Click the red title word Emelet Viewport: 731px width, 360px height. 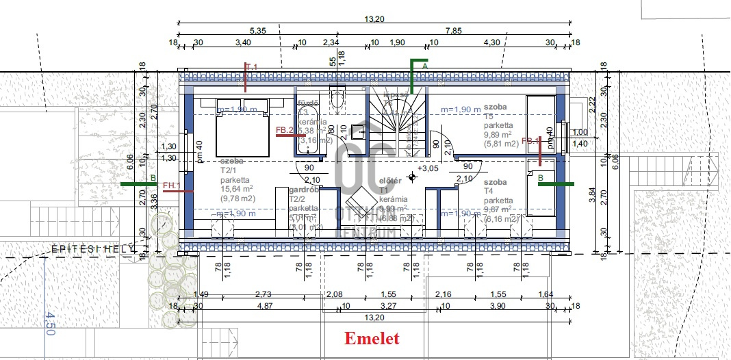tap(371, 338)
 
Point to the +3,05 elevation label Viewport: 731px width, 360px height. tap(428, 168)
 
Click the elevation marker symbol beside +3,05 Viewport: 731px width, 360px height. tap(412, 177)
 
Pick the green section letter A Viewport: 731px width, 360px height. tap(425, 65)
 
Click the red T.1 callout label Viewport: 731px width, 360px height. tap(251, 66)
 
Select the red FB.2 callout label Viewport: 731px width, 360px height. tap(284, 129)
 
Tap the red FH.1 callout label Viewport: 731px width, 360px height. tap(171, 185)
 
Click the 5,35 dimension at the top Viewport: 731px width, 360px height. tap(257, 31)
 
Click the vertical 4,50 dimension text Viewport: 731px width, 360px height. tap(49, 322)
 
